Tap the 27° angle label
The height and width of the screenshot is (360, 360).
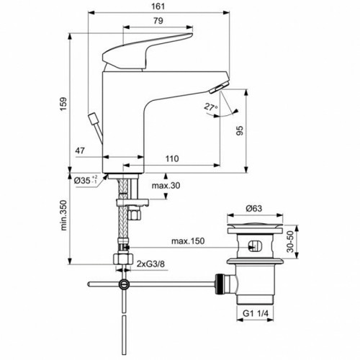211,107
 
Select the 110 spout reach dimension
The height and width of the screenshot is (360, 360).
172,158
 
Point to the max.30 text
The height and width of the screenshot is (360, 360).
166,186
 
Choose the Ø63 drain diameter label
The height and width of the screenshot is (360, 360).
253,208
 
